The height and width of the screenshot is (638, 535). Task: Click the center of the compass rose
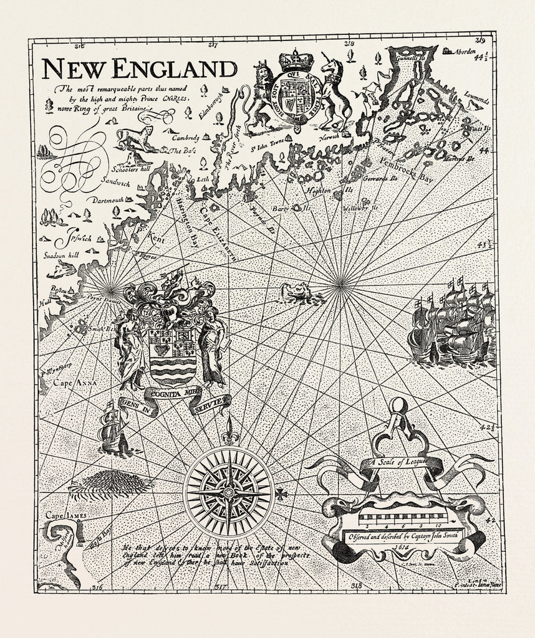pos(229,493)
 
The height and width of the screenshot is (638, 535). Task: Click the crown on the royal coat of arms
pos(296,60)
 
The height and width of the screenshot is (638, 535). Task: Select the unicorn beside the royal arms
pos(335,90)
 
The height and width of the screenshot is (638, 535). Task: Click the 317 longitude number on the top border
pos(213,45)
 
